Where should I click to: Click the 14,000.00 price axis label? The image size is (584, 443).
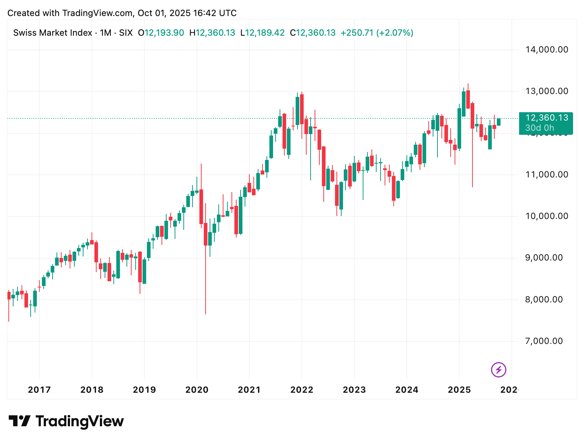tap(546, 50)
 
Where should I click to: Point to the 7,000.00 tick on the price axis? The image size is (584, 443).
tap(544, 341)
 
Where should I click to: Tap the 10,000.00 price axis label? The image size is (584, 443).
tap(546, 216)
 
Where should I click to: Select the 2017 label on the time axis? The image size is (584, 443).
tap(39, 390)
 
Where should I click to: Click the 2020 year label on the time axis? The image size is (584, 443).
tap(197, 390)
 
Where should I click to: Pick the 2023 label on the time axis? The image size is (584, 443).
tap(354, 390)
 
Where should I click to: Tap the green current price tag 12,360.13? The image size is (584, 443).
tap(546, 118)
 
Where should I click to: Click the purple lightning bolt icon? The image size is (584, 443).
tap(498, 370)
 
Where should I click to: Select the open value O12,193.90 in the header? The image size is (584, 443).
tap(161, 33)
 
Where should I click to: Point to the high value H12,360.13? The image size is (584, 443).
tap(212, 33)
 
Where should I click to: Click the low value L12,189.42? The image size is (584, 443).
tap(262, 33)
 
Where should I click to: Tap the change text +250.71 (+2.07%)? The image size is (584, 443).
tap(377, 33)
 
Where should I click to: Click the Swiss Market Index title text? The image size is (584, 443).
tap(52, 33)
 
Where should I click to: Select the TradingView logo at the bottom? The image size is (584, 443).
tap(66, 422)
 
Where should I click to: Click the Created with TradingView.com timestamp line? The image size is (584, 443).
tap(122, 13)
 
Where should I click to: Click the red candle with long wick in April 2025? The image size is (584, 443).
tap(472, 116)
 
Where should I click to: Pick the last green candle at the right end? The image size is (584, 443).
tap(499, 122)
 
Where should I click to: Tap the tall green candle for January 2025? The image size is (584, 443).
tap(459, 128)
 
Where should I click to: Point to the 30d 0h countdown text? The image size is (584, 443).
tap(540, 128)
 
